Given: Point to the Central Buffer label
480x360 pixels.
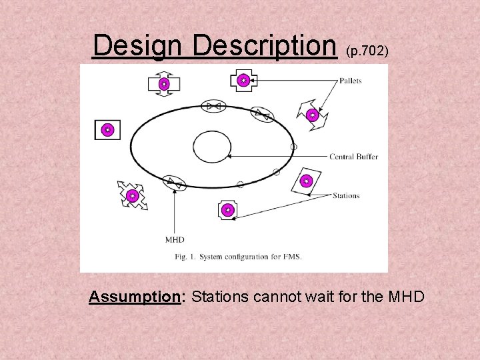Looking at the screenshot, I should click(x=353, y=157).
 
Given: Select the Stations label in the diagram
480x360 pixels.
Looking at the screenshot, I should click(x=346, y=195).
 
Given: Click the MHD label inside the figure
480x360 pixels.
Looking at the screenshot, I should click(x=175, y=239).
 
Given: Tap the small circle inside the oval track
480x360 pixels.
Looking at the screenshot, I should click(x=212, y=146).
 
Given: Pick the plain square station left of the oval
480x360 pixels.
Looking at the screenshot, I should click(x=107, y=129).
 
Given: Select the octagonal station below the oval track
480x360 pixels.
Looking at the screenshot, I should click(x=228, y=210).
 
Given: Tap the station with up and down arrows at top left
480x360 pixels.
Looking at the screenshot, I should click(x=163, y=84).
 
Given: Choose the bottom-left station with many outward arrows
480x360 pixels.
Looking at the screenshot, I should click(x=132, y=195).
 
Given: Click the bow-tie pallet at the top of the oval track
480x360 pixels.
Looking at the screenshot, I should click(x=213, y=106).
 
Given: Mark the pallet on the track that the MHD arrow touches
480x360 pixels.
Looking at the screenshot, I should click(x=175, y=181).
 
